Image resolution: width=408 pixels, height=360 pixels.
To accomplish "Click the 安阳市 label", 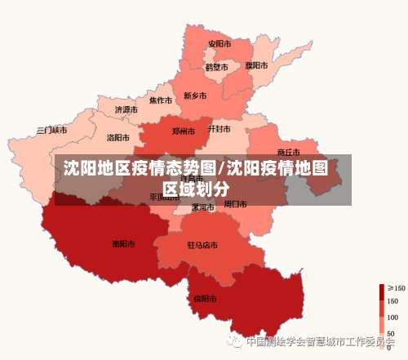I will (219, 43).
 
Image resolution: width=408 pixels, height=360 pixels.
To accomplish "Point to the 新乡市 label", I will (195, 96).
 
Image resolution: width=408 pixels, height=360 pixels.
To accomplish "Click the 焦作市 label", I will (160, 100).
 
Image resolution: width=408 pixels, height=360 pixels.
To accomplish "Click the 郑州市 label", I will (184, 131).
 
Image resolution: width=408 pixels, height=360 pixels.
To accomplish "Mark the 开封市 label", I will (219, 129).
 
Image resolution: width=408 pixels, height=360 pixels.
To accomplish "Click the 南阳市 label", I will (123, 242).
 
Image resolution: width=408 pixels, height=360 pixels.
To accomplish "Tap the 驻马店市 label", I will (202, 244).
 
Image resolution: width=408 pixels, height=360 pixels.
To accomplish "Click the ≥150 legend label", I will (396, 287).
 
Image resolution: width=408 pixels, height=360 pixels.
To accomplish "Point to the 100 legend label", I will (392, 317).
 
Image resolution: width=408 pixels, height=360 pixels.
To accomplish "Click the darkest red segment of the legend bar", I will (381, 290).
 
